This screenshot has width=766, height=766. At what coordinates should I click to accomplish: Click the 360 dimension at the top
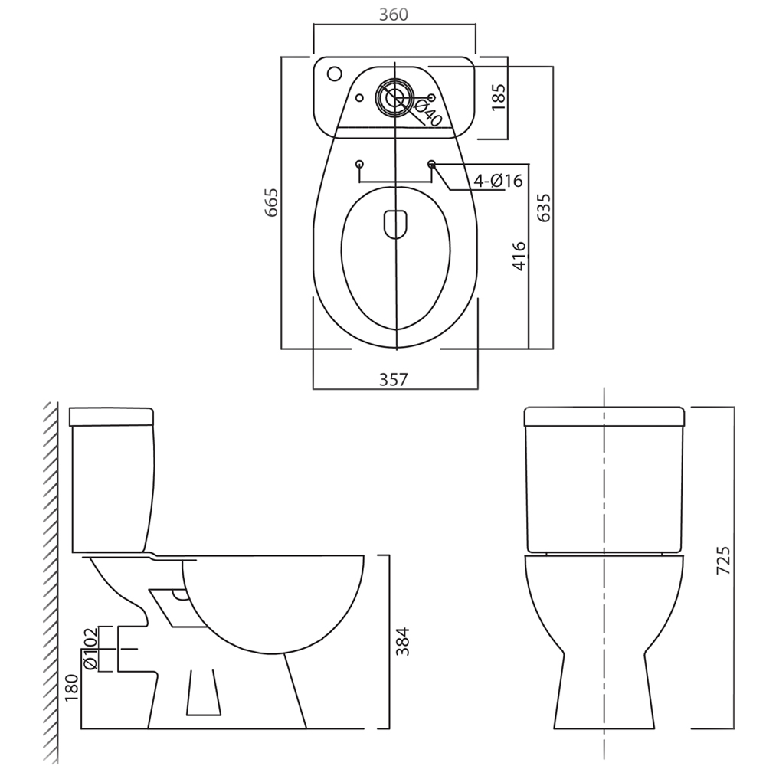point(393,15)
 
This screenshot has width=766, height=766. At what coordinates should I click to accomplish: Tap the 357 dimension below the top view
point(393,379)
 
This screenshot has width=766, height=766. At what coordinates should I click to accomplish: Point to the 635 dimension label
point(543,208)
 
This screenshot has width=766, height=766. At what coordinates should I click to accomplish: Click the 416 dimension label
point(519,256)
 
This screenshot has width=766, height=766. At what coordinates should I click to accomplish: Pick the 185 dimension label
point(499,97)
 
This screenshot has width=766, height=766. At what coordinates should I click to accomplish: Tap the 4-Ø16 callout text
point(499,181)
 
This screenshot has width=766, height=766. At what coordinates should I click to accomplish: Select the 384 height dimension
point(402,641)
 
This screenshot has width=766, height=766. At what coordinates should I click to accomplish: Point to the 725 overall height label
point(724,560)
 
